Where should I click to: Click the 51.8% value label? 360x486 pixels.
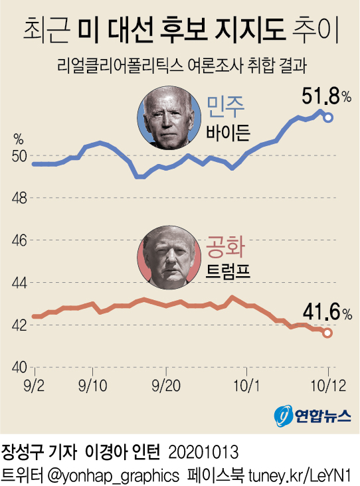click(326, 98)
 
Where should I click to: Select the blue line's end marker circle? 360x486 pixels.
click(328, 118)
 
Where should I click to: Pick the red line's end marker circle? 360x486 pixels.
click(327, 333)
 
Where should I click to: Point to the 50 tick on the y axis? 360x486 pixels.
click(19, 156)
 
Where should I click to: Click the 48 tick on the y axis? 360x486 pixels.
click(19, 198)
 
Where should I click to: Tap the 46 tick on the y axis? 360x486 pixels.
click(19, 240)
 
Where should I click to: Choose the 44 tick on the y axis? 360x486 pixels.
click(19, 283)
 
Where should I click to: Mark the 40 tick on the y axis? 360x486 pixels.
click(19, 367)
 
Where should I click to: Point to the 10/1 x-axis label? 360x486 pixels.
click(250, 385)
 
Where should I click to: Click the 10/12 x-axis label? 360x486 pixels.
click(327, 385)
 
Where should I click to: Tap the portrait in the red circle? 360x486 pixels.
click(167, 257)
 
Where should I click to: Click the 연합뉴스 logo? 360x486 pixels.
click(312, 416)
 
